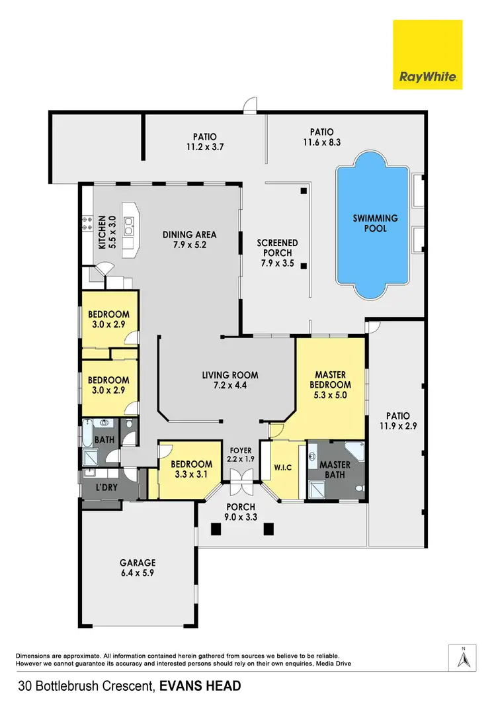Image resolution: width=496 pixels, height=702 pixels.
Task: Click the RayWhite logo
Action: (x=427, y=54)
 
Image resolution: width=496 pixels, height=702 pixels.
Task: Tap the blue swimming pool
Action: (x=374, y=224)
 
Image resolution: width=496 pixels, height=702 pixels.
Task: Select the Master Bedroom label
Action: (x=331, y=384)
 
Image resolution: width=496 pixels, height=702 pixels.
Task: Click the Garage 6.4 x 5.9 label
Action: (x=138, y=568)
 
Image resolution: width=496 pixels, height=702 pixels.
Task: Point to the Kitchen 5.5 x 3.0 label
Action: (x=107, y=232)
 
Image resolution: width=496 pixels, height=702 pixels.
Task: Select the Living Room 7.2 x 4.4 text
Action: (x=230, y=380)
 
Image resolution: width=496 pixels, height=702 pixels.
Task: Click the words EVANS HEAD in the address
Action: (x=199, y=685)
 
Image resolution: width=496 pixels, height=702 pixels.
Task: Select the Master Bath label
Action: (x=335, y=470)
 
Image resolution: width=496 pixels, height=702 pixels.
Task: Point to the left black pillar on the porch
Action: (x=215, y=529)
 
